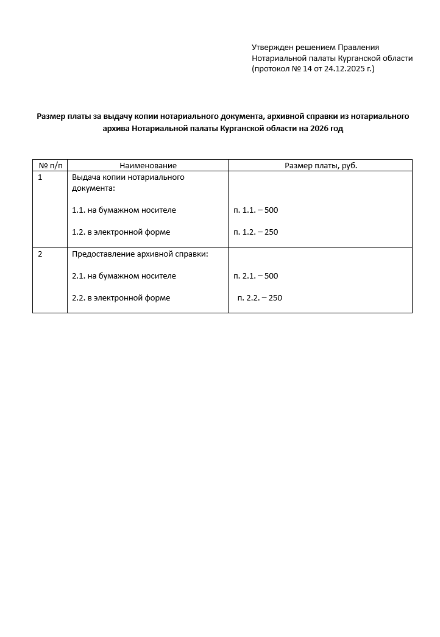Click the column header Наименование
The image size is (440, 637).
147,165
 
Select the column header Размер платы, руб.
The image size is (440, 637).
321,165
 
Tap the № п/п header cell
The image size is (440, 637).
50,165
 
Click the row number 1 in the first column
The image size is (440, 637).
40,177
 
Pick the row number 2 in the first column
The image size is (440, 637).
40,254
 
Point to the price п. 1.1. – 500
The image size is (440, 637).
255,210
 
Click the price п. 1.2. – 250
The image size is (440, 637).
255,232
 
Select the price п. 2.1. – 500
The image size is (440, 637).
255,276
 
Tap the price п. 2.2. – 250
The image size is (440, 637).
260,298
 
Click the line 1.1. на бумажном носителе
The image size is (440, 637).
124,210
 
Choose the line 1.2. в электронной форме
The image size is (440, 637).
121,232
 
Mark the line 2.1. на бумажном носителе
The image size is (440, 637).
124,276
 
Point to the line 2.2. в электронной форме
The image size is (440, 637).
121,298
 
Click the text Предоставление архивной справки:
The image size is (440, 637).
140,254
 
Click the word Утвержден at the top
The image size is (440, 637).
272,48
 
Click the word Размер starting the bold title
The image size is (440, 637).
51,116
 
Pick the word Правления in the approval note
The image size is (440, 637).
358,48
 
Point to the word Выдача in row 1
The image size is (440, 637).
86,177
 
